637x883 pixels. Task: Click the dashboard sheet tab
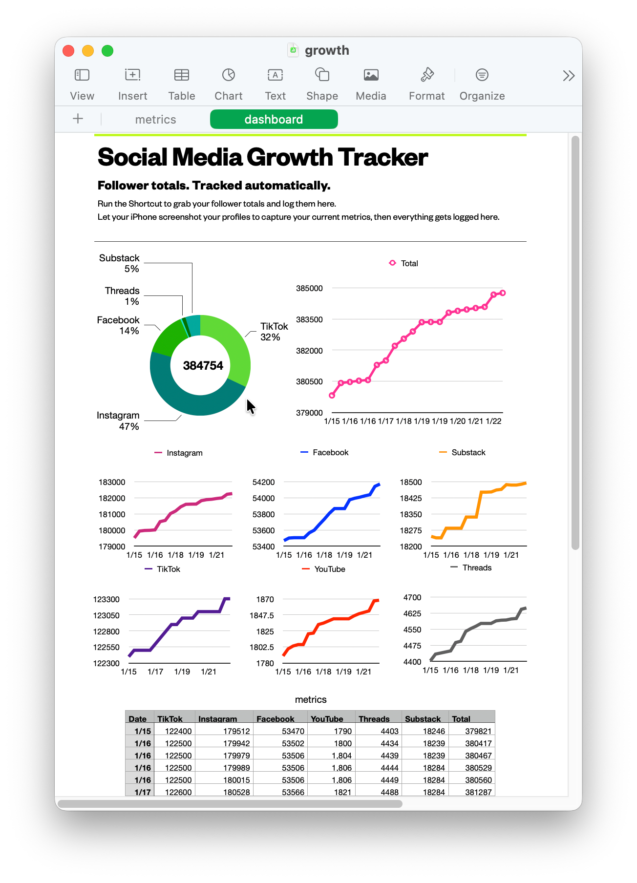tap(274, 119)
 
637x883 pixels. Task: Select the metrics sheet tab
tap(155, 120)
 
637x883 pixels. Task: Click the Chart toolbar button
tap(228, 84)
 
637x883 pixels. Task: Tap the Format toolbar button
tap(426, 84)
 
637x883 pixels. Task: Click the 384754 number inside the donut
tap(203, 365)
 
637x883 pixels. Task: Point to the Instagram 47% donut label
tap(118, 420)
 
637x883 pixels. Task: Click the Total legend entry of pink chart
tap(403, 263)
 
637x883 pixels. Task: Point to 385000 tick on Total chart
tap(309, 288)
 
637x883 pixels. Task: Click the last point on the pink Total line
tap(503, 293)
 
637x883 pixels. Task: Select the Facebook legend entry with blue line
tap(325, 452)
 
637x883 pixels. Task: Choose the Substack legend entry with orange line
tap(463, 452)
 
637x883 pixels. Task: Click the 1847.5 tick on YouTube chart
tap(262, 615)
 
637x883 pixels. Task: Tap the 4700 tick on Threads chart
tap(412, 597)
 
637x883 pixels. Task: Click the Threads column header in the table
tap(374, 718)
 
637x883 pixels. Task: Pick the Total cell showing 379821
tap(478, 731)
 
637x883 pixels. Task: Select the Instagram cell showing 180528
tap(236, 792)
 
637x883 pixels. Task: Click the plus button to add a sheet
tap(78, 119)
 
